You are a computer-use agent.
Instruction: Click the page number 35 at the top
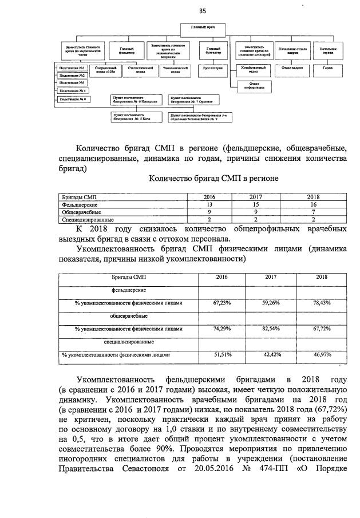click(x=202, y=11)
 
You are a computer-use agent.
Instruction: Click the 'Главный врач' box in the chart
click(x=201, y=27)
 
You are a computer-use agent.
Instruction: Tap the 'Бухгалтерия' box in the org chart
click(x=209, y=68)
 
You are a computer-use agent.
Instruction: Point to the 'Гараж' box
click(x=327, y=68)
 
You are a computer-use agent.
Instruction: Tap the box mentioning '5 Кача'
click(x=136, y=117)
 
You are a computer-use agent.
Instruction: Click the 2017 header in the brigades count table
click(x=255, y=196)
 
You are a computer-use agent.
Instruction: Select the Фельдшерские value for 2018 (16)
click(x=314, y=204)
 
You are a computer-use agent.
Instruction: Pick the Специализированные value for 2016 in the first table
click(x=209, y=219)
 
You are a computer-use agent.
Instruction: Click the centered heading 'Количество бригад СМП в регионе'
click(x=213, y=178)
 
